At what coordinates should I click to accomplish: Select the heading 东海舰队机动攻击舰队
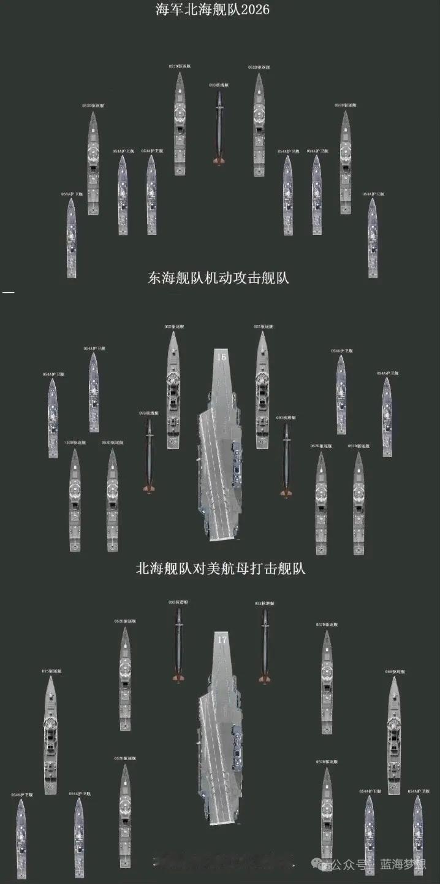[x=219, y=278]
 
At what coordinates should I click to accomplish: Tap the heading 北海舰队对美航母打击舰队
[x=221, y=569]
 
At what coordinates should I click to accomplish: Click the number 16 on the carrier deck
[x=221, y=356]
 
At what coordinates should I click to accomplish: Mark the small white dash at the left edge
[x=8, y=293]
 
